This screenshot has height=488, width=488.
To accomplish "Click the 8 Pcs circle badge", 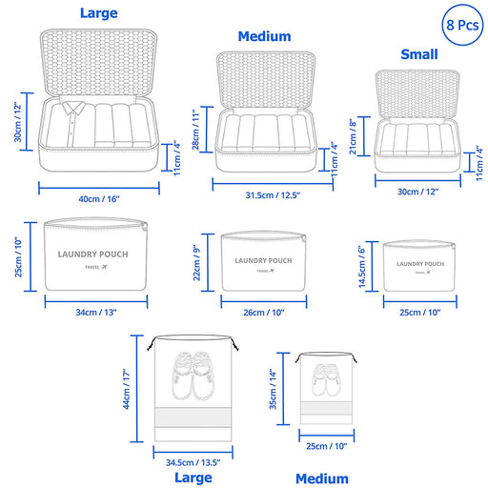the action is pyautogui.click(x=462, y=25).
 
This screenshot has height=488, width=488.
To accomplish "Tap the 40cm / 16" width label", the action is pyautogui.click(x=99, y=199).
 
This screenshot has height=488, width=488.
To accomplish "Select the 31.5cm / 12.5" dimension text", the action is pyautogui.click(x=273, y=195).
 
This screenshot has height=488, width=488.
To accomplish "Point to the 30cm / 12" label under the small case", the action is pyautogui.click(x=417, y=192).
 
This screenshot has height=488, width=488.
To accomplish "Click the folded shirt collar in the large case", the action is pyautogui.click(x=73, y=108).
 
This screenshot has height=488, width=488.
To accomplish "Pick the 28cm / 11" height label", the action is pyautogui.click(x=196, y=130).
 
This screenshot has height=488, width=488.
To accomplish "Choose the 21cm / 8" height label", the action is pyautogui.click(x=353, y=136).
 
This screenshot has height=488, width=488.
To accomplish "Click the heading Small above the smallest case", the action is pyautogui.click(x=419, y=54).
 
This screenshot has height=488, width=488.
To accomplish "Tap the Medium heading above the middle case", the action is pyautogui.click(x=264, y=36).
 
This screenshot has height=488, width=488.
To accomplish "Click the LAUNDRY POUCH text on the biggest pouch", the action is pyautogui.click(x=92, y=254).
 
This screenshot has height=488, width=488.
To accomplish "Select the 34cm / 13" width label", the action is pyautogui.click(x=96, y=313).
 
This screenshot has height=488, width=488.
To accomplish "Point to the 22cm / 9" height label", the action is pyautogui.click(x=197, y=263).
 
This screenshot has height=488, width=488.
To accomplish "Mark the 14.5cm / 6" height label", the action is pyautogui.click(x=362, y=267).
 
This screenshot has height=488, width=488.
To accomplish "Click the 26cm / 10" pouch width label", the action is pyautogui.click(x=264, y=313).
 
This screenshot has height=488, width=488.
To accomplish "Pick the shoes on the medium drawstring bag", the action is pyautogui.click(x=326, y=380).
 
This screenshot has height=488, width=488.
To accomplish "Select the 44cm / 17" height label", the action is pyautogui.click(x=127, y=389).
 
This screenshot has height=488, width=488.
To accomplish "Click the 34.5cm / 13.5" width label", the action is pyautogui.click(x=193, y=462).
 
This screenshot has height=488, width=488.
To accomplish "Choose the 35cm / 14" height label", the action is pyautogui.click(x=273, y=389).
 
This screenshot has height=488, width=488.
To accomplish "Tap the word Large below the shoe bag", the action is pyautogui.click(x=193, y=478).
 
